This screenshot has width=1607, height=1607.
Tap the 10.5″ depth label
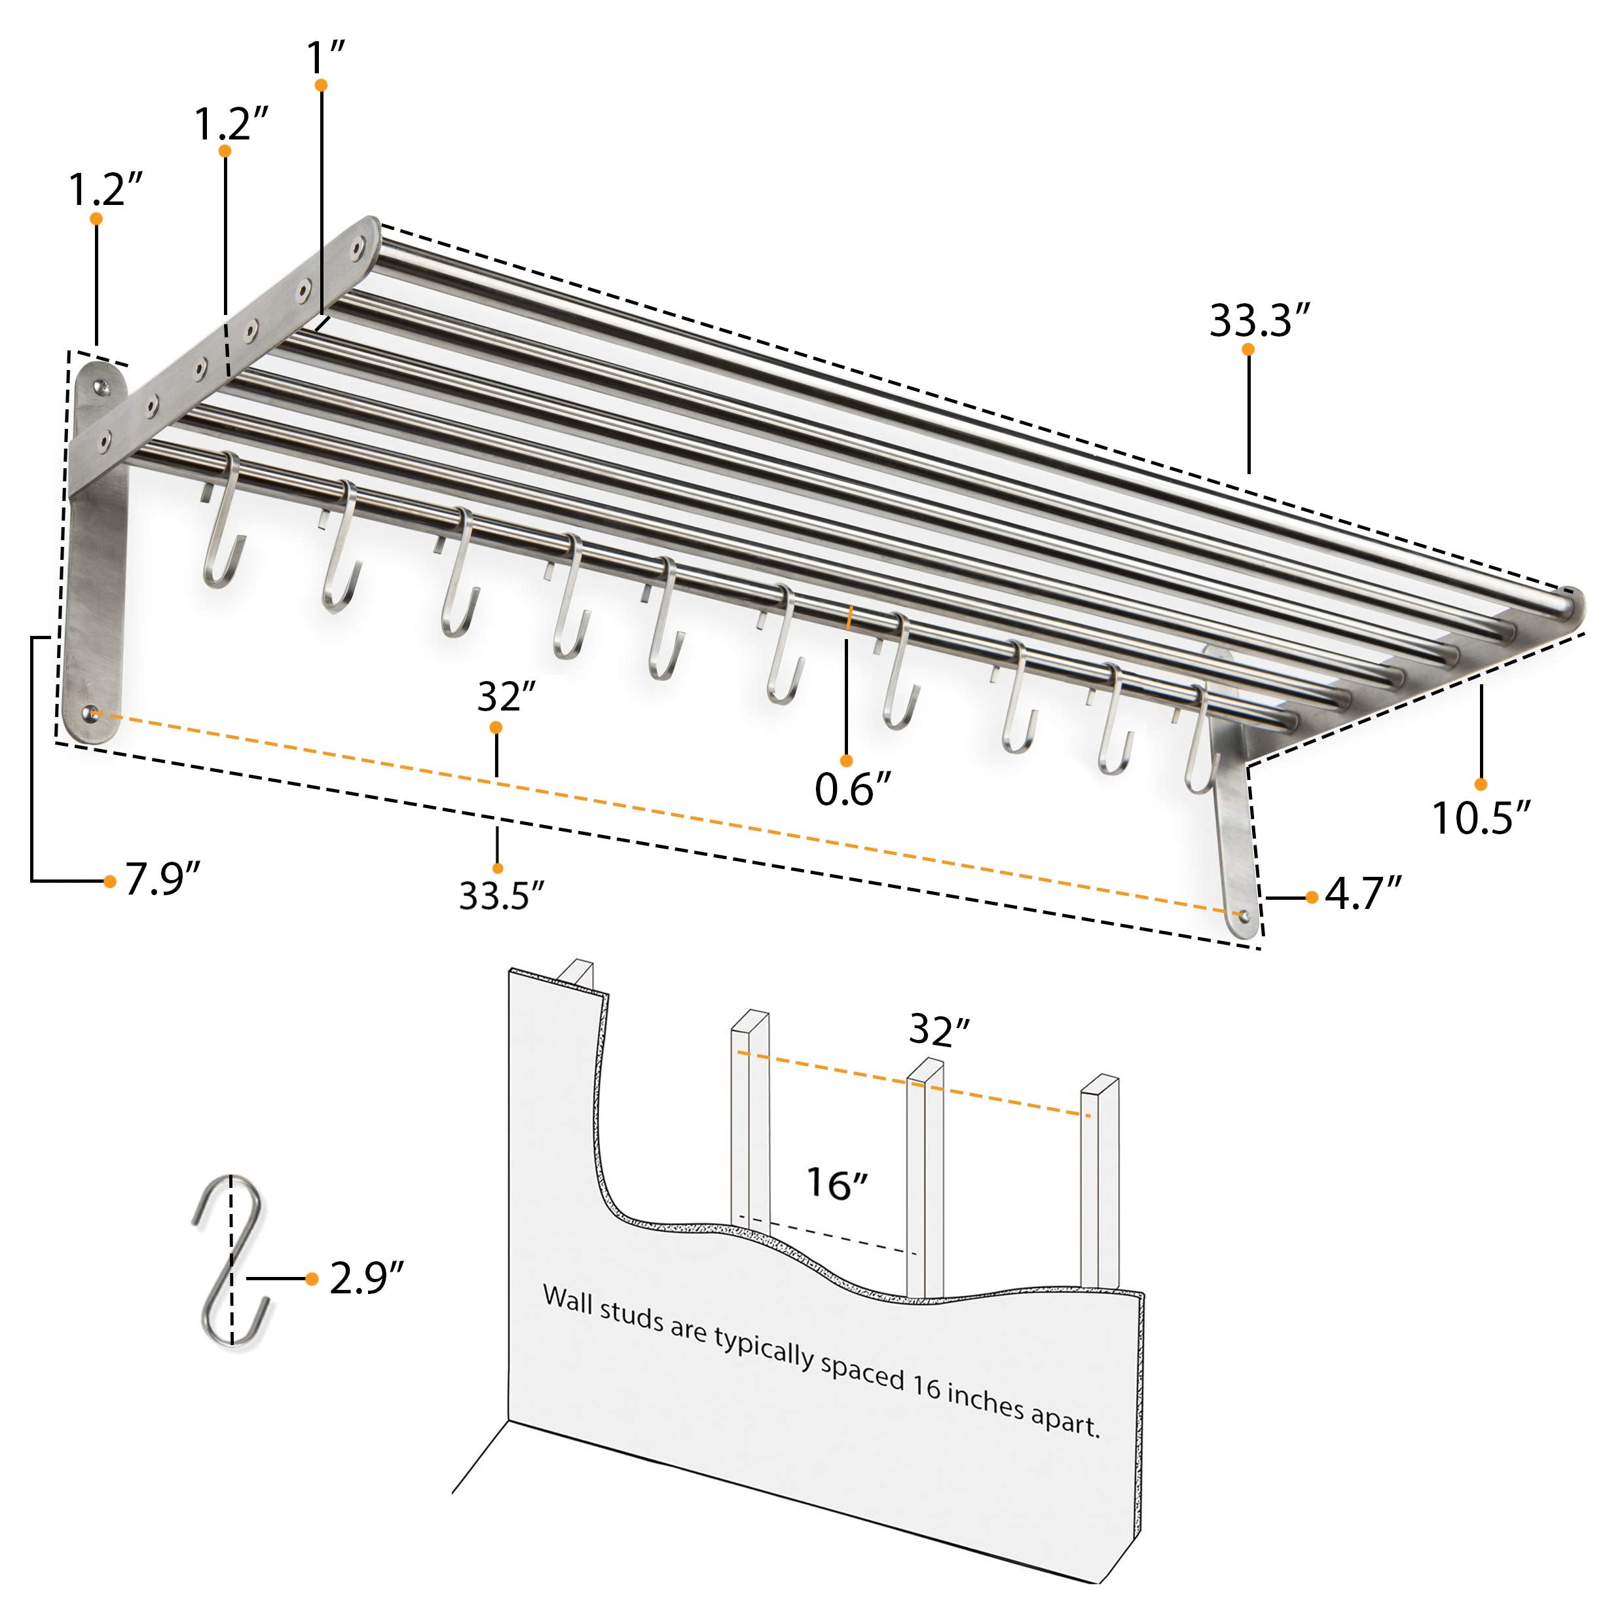1481,818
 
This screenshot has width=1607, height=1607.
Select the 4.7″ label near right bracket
1363,894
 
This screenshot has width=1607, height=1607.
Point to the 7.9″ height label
163,879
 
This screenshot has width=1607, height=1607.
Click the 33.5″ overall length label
502,895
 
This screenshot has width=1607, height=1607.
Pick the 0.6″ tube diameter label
853,788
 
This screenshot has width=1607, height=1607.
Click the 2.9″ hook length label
367,1278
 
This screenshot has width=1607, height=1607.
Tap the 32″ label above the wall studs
939,1029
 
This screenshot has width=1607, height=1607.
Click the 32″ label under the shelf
506,696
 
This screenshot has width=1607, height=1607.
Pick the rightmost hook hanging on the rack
1201,739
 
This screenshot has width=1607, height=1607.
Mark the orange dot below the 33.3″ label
1247,349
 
